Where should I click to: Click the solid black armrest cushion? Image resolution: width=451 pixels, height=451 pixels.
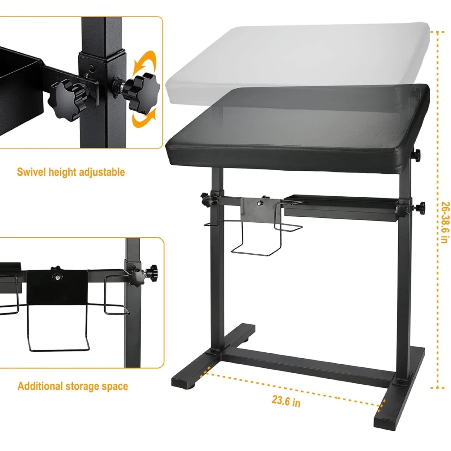click(297, 127)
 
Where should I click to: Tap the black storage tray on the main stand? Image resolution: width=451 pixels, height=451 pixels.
click(341, 207)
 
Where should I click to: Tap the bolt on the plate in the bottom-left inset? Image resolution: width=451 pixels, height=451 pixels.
click(57, 277)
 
